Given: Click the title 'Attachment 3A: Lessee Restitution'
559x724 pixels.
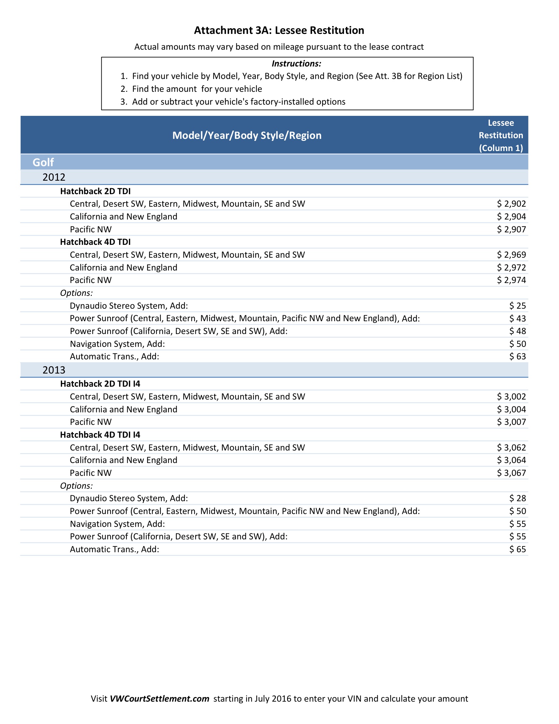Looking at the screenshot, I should tap(279, 30).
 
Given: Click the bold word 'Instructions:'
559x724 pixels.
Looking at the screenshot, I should tap(296, 63).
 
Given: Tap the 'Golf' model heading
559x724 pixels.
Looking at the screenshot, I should tap(43, 162).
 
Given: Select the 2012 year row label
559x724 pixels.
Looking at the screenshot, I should tap(54, 177).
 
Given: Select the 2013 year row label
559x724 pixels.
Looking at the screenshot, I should tap(54, 370).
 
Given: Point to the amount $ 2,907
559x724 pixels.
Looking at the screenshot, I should tap(511, 229).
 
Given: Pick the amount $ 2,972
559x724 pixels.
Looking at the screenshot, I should tap(511, 267).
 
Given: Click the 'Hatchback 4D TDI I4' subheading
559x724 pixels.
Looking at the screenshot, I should tap(100, 435).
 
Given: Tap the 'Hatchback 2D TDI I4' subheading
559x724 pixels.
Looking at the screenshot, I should tap(100, 383).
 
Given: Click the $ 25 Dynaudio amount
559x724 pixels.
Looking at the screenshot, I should tap(518, 306).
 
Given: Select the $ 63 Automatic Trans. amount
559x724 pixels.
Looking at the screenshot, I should tap(518, 356).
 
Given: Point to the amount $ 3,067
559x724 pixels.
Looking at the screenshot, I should tap(511, 473).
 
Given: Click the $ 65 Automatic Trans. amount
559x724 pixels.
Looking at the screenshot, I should tap(518, 549).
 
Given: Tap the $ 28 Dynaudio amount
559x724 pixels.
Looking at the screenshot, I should tap(518, 498).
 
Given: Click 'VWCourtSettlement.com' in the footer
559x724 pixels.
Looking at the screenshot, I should tap(159, 698).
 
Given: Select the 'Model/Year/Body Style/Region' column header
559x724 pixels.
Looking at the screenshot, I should tap(247, 135).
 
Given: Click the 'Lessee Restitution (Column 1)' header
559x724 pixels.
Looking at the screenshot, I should tap(501, 135).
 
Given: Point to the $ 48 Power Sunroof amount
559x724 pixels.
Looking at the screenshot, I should tap(518, 331).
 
